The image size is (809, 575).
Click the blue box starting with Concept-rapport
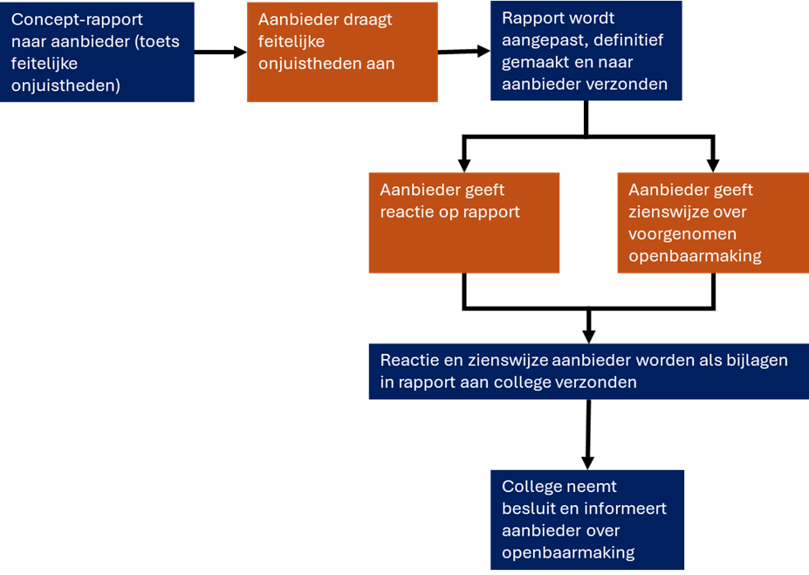(x=97, y=52)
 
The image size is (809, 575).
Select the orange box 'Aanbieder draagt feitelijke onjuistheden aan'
(x=342, y=52)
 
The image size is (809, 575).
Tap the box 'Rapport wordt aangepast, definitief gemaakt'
(x=586, y=51)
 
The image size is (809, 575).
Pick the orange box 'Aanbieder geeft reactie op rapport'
(x=463, y=223)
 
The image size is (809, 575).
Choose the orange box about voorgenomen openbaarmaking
(x=712, y=223)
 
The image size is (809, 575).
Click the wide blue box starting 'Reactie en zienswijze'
(x=588, y=371)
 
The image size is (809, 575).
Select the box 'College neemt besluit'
(x=587, y=520)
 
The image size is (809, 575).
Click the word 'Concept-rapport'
(x=77, y=19)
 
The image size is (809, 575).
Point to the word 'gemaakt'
(x=535, y=62)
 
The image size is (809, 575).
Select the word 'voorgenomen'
(x=682, y=234)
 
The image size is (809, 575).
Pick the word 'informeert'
(x=627, y=509)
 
